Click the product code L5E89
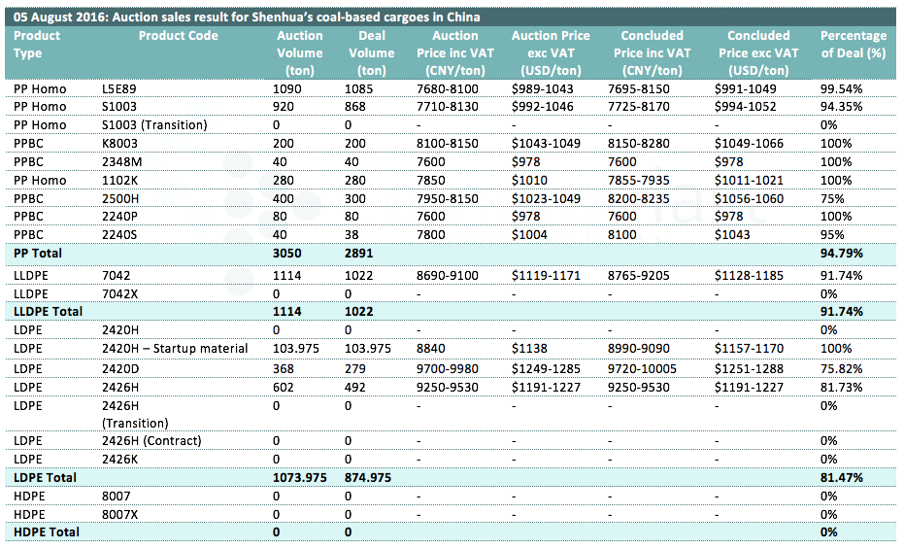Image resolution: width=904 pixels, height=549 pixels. (x=118, y=88)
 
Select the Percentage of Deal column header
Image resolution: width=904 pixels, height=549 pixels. (x=854, y=45)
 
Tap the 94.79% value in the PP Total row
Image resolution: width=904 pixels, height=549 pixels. (x=841, y=254)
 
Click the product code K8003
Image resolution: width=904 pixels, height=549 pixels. (x=119, y=144)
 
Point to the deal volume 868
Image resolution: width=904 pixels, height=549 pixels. (x=355, y=107)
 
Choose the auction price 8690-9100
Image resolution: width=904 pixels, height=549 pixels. (x=448, y=276)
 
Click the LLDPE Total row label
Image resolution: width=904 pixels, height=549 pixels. (x=48, y=311)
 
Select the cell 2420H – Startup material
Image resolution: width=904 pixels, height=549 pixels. (x=175, y=349)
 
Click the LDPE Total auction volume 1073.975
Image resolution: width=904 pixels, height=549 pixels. (x=300, y=477)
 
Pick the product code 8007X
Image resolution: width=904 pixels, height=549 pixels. (x=120, y=514)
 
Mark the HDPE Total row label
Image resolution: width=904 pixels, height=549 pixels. (x=47, y=532)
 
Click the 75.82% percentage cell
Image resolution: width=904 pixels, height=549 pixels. (x=841, y=369)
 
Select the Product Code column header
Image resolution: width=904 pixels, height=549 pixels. (x=178, y=36)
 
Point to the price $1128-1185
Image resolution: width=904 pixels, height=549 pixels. (x=749, y=276)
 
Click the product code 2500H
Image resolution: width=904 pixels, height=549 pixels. (x=120, y=199)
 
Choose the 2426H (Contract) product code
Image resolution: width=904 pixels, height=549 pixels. (x=151, y=441)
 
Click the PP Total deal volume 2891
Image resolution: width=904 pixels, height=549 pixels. (x=358, y=254)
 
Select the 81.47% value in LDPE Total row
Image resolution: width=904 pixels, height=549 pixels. (x=841, y=477)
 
